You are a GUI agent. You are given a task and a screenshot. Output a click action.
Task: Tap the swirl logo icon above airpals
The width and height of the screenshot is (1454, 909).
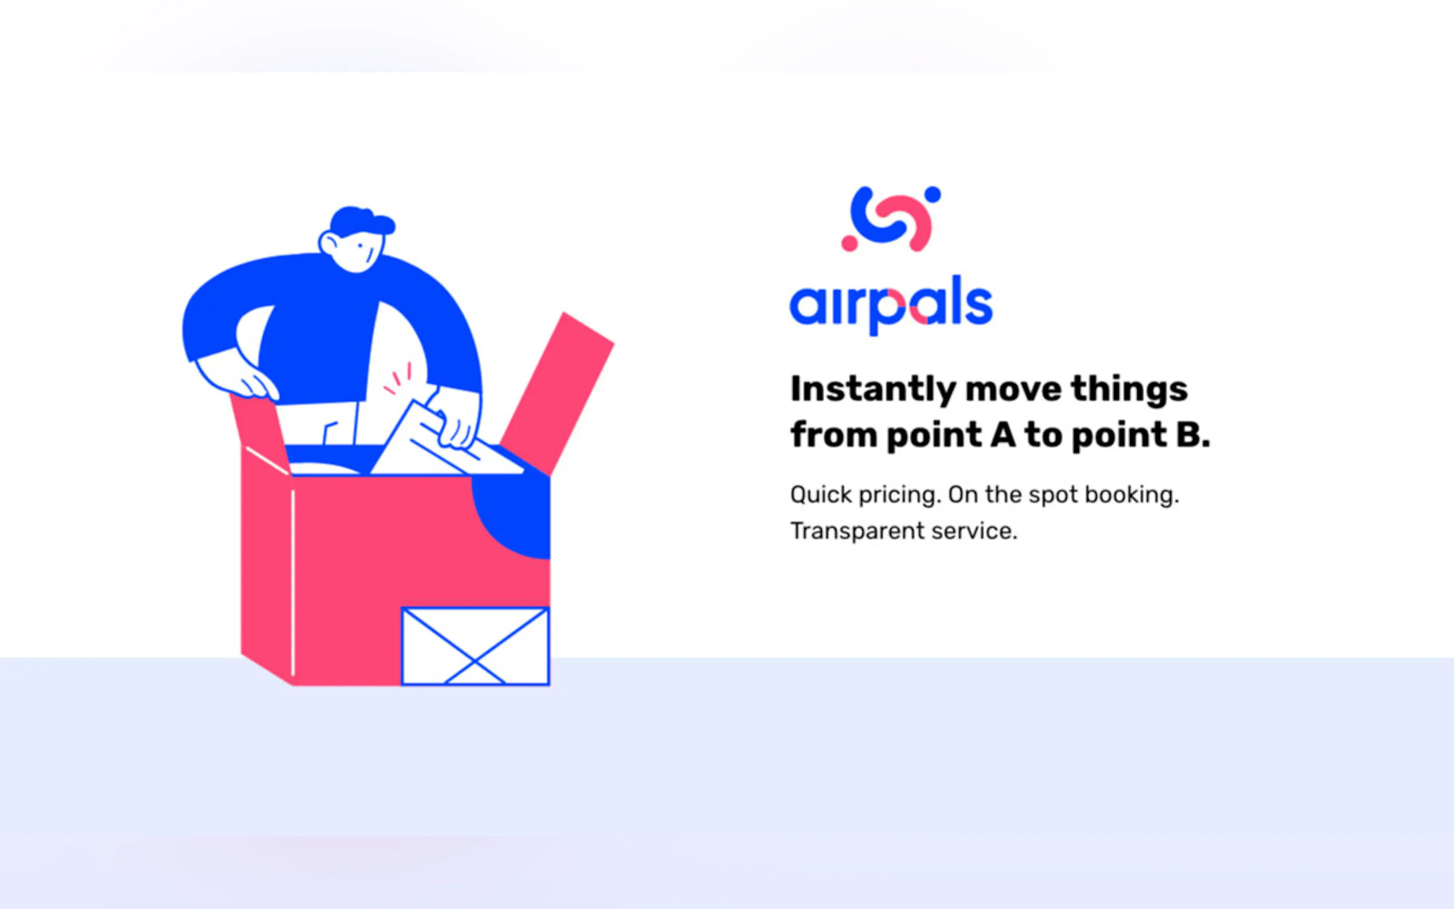coord(891,219)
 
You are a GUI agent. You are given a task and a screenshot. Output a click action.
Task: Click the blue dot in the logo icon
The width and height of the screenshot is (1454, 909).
coord(933,195)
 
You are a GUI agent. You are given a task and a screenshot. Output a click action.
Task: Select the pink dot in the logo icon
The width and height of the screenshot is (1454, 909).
coord(850,243)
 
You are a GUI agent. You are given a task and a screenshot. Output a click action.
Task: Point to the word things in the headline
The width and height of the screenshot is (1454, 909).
coord(1129,388)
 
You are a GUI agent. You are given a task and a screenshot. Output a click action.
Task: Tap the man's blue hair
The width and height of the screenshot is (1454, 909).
coord(361,221)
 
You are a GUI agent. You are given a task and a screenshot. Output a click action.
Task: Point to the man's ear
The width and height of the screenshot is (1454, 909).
coord(329,243)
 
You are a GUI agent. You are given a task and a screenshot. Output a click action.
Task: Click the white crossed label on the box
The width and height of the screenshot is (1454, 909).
coord(475,646)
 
